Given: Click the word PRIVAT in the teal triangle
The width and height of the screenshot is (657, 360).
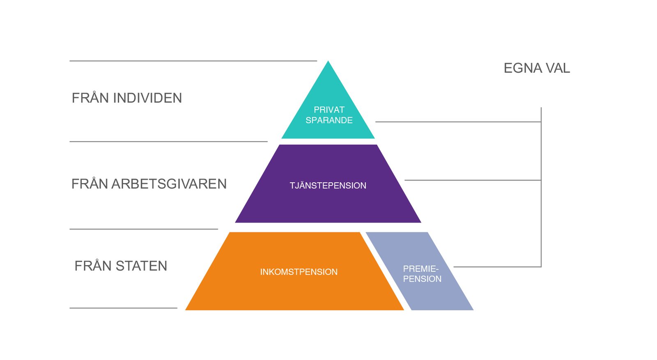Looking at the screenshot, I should [329, 110].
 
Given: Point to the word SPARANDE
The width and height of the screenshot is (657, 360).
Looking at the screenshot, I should [329, 120].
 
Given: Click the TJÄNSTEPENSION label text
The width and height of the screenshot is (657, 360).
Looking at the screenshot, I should [328, 186].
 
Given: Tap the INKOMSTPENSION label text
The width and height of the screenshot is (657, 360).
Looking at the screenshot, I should [299, 272].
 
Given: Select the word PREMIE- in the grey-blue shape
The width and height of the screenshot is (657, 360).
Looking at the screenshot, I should [420, 268].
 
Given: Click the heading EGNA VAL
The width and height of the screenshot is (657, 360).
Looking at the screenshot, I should [536, 68].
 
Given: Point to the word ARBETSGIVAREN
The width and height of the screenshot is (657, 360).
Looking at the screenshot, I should [169, 184].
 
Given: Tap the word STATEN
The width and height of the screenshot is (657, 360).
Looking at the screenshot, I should [141, 266].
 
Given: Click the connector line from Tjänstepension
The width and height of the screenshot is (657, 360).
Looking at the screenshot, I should [472, 180].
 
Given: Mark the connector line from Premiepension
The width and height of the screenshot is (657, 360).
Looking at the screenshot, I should [497, 267].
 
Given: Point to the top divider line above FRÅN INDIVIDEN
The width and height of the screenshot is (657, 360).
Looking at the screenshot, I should [193, 61].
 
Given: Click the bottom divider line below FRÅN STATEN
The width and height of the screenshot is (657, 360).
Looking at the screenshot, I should [123, 308].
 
